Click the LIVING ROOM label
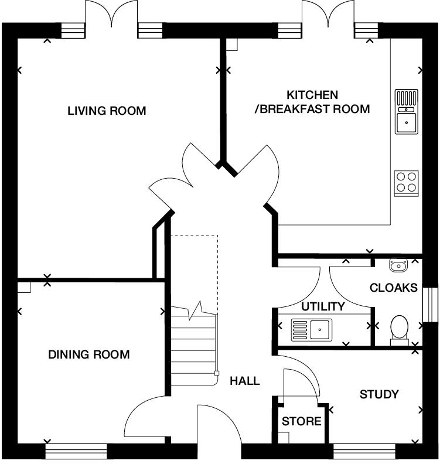(106, 111)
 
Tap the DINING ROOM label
(88, 354)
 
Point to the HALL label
(244, 381)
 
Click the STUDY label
(379, 394)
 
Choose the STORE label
(301, 421)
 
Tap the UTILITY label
(323, 306)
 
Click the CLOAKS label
(394, 288)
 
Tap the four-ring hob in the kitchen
(406, 183)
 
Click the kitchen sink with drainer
(406, 112)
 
